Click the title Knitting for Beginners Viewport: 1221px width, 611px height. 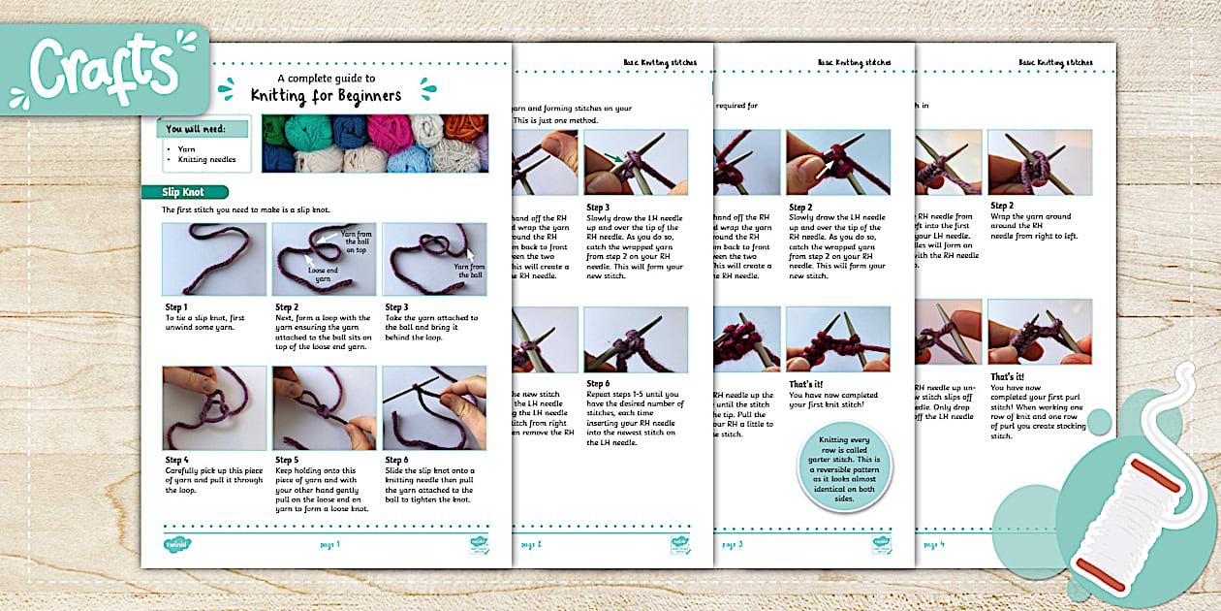[x=326, y=95]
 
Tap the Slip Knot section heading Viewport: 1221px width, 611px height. [x=184, y=192]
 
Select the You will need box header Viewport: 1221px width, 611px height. [x=204, y=128]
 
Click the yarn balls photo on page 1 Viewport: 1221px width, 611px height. [x=374, y=144]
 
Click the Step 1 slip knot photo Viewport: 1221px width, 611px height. [x=213, y=259]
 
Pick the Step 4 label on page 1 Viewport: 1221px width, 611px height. [x=178, y=460]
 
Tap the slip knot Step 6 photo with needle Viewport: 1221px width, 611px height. [x=434, y=407]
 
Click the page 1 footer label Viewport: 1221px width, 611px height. [x=329, y=544]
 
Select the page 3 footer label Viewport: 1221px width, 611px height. [x=732, y=544]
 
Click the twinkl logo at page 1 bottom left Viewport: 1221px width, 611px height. [x=176, y=544]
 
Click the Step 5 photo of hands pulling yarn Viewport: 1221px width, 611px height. [x=324, y=407]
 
